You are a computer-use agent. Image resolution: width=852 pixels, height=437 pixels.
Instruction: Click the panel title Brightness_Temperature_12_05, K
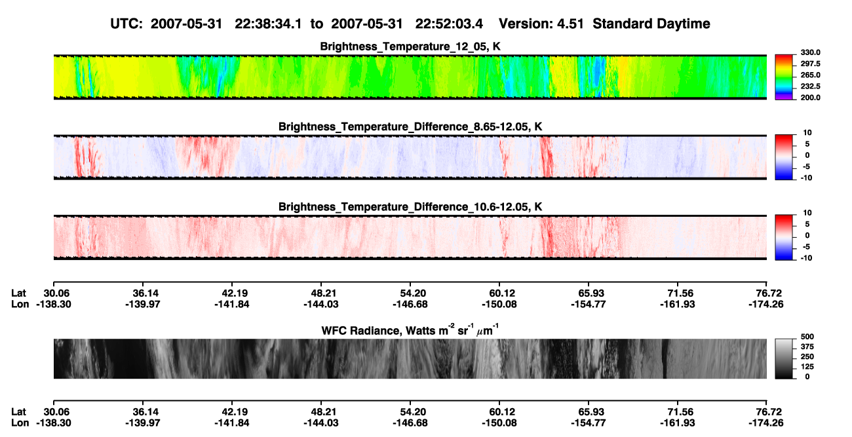pyautogui.click(x=410, y=47)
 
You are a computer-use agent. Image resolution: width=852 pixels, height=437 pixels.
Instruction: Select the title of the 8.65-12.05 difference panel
pyautogui.click(x=410, y=126)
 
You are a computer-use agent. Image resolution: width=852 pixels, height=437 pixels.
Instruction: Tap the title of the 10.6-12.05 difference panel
pyautogui.click(x=410, y=207)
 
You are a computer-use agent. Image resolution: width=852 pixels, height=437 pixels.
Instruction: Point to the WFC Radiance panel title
pyautogui.click(x=410, y=330)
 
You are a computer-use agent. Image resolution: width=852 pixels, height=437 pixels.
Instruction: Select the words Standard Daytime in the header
pyautogui.click(x=651, y=24)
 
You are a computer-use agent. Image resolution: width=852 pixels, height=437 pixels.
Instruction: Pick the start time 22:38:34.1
pyautogui.click(x=268, y=24)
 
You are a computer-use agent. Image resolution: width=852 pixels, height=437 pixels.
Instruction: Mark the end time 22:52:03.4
pyautogui.click(x=449, y=24)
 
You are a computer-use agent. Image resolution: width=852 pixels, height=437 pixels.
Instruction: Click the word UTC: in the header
pyautogui.click(x=126, y=24)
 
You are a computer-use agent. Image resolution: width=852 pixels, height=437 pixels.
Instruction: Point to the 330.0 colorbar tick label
pyautogui.click(x=810, y=52)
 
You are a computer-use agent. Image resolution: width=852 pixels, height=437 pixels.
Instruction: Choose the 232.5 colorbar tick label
pyautogui.click(x=810, y=86)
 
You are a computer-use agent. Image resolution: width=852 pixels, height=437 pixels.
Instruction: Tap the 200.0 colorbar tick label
pyautogui.click(x=810, y=98)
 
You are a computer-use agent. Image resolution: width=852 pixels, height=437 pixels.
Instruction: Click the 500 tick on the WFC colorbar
pyautogui.click(x=807, y=337)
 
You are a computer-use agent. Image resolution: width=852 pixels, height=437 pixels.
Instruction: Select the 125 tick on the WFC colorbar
pyautogui.click(x=807, y=367)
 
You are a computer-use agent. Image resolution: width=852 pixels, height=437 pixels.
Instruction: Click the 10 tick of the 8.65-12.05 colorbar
pyautogui.click(x=807, y=133)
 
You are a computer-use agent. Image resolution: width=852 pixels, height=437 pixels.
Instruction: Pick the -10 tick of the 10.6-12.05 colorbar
pyautogui.click(x=806, y=258)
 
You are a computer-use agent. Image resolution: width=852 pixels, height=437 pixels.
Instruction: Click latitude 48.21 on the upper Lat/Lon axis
pyautogui.click(x=321, y=294)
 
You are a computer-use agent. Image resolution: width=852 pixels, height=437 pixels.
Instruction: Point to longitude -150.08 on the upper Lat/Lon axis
pyautogui.click(x=499, y=304)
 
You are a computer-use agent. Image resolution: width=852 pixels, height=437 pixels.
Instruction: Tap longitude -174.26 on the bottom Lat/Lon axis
pyautogui.click(x=766, y=423)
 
